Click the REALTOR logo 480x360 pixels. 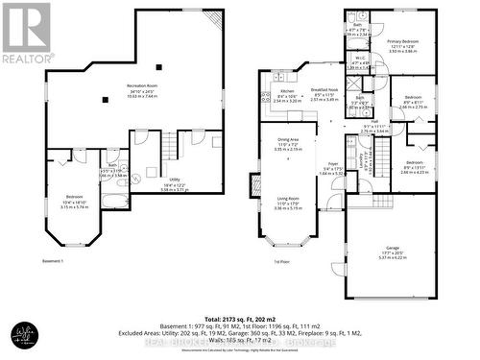click(26, 34)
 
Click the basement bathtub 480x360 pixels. click(112, 201)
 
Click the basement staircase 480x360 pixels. click(169, 146)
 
